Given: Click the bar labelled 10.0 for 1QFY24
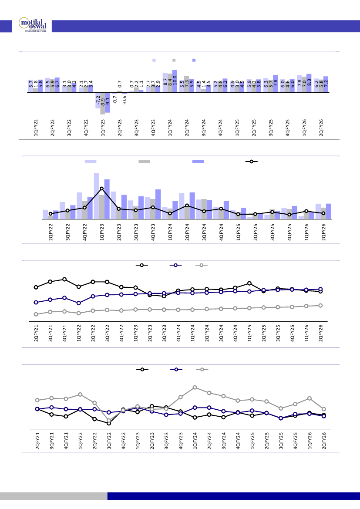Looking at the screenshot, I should point(175,81).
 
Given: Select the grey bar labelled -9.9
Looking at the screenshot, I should point(103,104).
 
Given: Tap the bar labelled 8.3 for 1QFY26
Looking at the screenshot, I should point(309,84).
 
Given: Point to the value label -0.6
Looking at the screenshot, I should point(124,99).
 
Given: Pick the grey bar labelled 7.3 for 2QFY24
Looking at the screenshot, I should point(187,84).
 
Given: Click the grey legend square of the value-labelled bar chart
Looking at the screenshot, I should point(174,60).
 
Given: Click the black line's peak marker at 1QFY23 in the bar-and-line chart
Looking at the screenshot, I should point(101,189).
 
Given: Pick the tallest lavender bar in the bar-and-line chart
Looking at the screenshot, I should point(97,196).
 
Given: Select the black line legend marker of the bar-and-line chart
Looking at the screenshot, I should point(251,162).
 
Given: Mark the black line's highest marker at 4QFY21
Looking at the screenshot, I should point(64,279).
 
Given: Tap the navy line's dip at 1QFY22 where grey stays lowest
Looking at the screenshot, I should point(79,303).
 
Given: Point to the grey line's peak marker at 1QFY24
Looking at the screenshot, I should point(195,387).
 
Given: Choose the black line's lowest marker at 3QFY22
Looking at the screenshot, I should point(109,423).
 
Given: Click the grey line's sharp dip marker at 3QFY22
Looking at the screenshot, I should point(109,421).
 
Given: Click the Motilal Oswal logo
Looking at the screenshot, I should point(33,24).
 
